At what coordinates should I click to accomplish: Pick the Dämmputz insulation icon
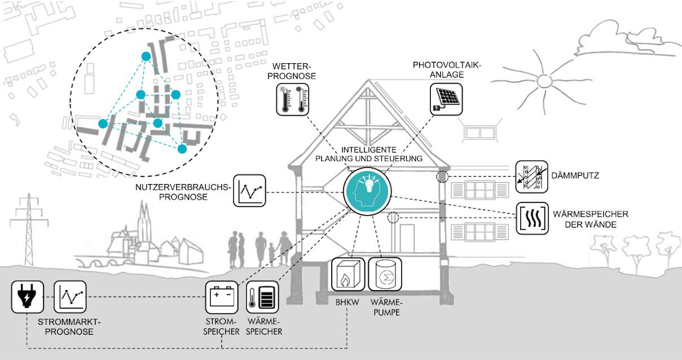(531, 176)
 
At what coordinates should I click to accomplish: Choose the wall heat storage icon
(532, 218)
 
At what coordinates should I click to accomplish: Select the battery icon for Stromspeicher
(222, 297)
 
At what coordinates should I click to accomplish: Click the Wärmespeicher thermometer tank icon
(263, 297)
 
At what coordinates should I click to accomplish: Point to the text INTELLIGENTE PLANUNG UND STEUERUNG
(369, 154)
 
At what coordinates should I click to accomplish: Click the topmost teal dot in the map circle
(146, 56)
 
